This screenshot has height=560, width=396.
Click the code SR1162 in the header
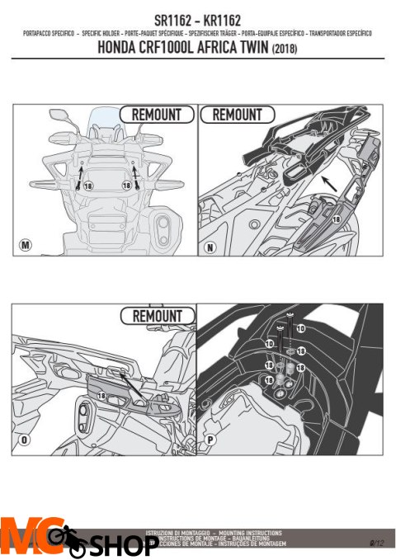tap(169, 17)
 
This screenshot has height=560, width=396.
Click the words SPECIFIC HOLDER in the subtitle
tap(97, 33)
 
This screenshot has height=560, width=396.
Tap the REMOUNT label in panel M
tap(157, 115)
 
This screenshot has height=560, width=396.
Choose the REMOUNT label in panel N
tap(237, 115)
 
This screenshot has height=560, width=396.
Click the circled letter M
tap(25, 245)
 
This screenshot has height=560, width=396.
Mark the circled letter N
tap(210, 245)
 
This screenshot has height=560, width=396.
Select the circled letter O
tap(25, 440)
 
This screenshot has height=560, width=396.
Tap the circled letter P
tap(210, 440)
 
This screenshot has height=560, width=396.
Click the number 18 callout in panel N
tap(336, 219)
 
